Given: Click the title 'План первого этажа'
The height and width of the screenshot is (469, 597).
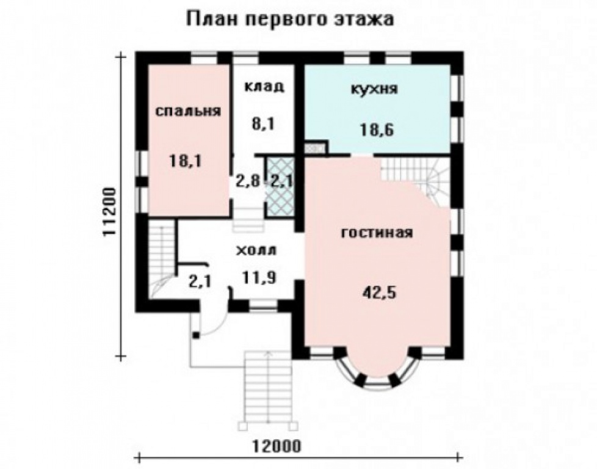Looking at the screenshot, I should [290, 18].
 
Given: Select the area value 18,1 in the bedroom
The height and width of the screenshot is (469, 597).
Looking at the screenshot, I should [186, 161].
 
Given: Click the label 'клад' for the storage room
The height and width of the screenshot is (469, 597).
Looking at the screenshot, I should [264, 86].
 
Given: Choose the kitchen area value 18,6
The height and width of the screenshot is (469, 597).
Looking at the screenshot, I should [374, 129].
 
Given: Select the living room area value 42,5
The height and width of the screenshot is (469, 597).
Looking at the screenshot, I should [377, 292].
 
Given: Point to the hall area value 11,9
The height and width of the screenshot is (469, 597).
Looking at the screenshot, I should [259, 278].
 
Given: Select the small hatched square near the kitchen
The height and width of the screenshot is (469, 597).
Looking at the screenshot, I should [315, 148].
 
